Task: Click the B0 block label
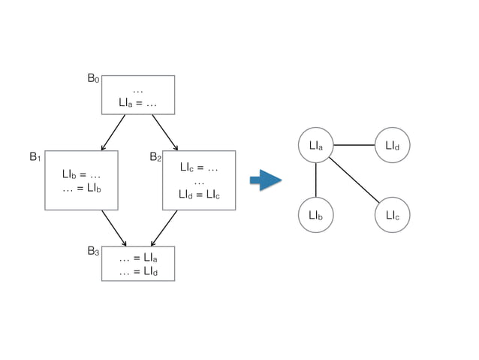pos(92,78)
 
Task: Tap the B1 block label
pos(35,157)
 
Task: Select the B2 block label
pos(155,157)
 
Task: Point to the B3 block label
pos(93,250)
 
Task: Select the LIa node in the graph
pos(315,144)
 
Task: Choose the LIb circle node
pos(315,216)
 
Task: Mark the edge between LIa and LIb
pos(315,180)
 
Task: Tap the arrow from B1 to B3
pos(113,228)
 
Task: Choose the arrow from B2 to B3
pos(164,228)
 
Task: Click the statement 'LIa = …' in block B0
pos(137,102)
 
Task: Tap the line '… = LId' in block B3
pos(138,271)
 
